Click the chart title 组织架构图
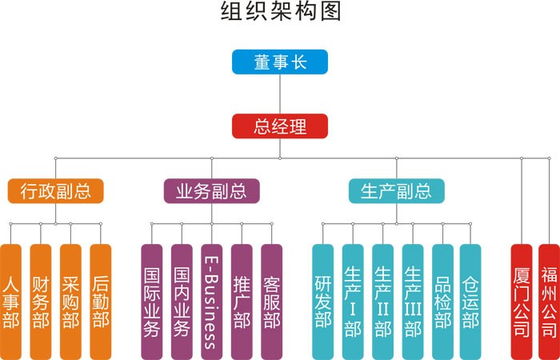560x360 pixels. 280,14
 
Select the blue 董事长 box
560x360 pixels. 280,62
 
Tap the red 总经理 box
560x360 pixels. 280,126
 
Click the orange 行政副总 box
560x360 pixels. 55,190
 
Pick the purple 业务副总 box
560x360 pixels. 211,190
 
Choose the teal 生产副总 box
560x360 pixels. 396,190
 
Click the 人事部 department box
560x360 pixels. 11,302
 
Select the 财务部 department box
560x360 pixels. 41,302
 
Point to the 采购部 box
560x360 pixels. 71,302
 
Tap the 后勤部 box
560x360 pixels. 101,302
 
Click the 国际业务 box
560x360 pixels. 151,302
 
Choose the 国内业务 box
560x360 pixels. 182,302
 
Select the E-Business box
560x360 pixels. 211,302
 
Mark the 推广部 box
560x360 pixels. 242,302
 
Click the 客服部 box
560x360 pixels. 272,302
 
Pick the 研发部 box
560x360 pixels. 322,302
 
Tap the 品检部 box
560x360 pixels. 442,302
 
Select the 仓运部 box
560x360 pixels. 470,302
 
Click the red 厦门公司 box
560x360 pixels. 521,302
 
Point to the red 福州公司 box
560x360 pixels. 549,302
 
